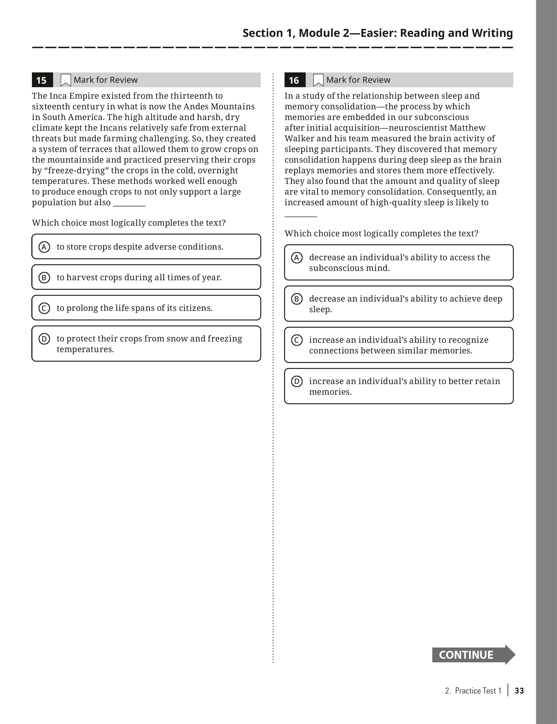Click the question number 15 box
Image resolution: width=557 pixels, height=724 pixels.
tap(42, 80)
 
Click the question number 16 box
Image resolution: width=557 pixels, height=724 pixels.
tap(294, 80)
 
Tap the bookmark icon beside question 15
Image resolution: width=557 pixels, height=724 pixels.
tap(66, 80)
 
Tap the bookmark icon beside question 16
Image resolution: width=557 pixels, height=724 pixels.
tap(318, 80)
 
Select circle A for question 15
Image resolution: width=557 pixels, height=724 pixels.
tap(44, 247)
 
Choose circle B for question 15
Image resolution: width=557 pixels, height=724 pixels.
tap(44, 277)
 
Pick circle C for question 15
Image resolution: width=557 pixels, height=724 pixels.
tap(44, 308)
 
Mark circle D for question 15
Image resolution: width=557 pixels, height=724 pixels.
tap(44, 339)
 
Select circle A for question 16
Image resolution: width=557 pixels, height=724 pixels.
tap(297, 258)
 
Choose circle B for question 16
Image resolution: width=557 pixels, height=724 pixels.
tap(297, 299)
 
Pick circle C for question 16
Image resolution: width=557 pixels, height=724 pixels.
tap(297, 340)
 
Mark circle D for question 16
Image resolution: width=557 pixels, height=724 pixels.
tap(297, 382)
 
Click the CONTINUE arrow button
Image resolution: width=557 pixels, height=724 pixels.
tap(473, 655)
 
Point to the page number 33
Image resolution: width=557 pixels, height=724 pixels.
tap(519, 691)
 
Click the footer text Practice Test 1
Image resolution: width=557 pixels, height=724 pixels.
tap(478, 691)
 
